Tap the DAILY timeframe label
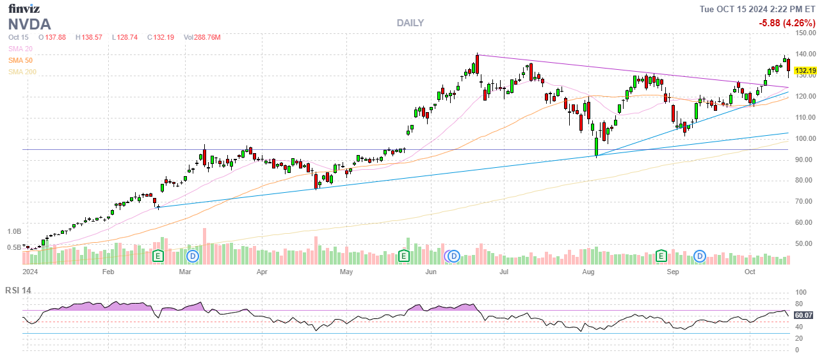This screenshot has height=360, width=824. coord(410,23)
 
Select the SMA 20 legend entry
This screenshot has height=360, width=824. coord(20,49)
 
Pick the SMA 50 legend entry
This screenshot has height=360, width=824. coord(20,60)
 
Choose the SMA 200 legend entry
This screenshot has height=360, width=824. coord(22,72)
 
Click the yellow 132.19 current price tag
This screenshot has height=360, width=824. coord(805,70)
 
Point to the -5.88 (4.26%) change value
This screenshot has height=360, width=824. coord(787,23)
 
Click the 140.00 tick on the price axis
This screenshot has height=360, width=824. coord(805,54)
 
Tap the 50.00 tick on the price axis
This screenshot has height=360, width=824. coord(805,244)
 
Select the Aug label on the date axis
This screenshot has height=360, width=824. coord(590,272)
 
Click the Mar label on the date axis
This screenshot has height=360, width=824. coord(185,272)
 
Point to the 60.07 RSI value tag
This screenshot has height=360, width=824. coord(804,315)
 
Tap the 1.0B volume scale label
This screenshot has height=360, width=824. coord(14,231)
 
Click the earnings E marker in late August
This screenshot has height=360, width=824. coord(662,256)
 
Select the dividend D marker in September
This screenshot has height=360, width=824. coord(700,256)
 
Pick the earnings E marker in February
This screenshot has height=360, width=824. coord(158,256)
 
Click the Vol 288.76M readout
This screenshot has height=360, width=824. coord(202,37)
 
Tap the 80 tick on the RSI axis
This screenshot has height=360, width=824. coord(800,304)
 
